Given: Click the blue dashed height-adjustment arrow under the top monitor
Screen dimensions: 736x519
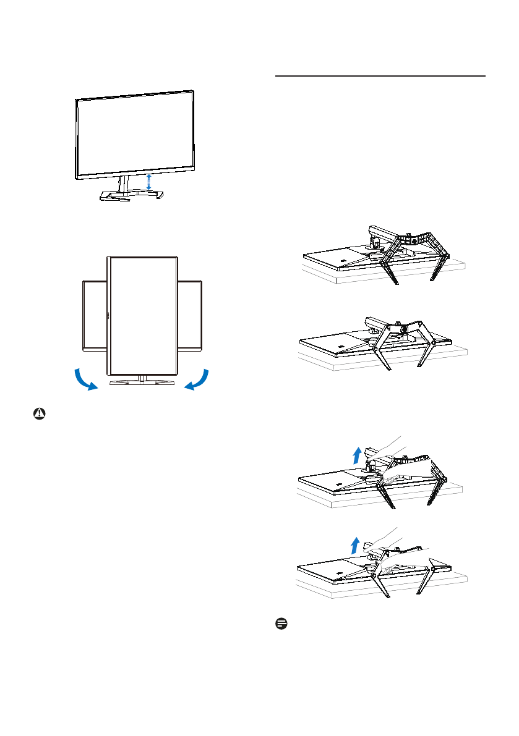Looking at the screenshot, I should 148,182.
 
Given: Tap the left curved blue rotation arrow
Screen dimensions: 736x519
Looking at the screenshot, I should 82,380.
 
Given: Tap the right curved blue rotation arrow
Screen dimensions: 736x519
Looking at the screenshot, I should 198,380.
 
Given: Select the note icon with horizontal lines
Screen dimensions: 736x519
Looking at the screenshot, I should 280,625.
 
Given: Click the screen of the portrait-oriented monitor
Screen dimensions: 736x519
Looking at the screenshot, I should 142,315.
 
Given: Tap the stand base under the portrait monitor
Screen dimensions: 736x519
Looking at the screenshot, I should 142,384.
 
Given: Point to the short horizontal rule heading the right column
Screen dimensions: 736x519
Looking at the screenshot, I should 379,76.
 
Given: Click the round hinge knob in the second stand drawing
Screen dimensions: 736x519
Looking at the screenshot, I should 403,330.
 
